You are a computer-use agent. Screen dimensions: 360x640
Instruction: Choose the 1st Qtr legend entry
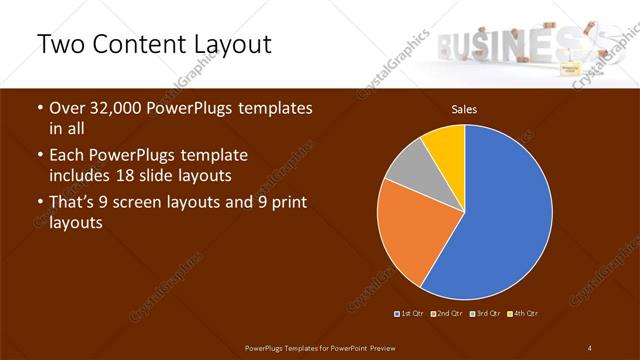tap(410, 314)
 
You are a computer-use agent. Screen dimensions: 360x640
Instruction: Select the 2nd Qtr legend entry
tap(447, 314)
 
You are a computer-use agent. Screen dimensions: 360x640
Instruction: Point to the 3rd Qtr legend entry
tap(486, 314)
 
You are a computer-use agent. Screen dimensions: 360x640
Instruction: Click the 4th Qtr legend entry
tap(523, 314)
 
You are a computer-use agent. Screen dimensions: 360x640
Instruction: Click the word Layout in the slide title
tap(226, 45)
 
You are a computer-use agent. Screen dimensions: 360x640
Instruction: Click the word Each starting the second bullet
tap(67, 156)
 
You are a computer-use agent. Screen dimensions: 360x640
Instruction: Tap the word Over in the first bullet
tap(68, 108)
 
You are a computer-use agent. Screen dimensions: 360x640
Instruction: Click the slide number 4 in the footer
tap(590, 347)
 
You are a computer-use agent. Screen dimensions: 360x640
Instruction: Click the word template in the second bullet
tap(213, 156)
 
